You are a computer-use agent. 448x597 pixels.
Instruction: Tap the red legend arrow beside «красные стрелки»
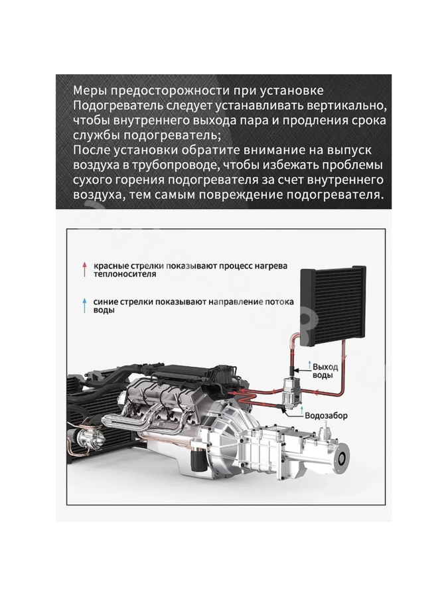click(85, 269)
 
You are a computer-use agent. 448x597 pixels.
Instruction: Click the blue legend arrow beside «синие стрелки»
click(85, 305)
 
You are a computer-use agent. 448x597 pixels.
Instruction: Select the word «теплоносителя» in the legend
click(125, 274)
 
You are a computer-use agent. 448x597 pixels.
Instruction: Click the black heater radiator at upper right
click(334, 304)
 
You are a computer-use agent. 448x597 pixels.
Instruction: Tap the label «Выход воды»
click(325, 371)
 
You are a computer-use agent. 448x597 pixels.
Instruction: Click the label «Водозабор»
click(326, 415)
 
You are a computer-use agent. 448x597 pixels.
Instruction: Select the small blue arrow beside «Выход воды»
click(310, 364)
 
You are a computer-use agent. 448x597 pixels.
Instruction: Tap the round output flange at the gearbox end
click(342, 460)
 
